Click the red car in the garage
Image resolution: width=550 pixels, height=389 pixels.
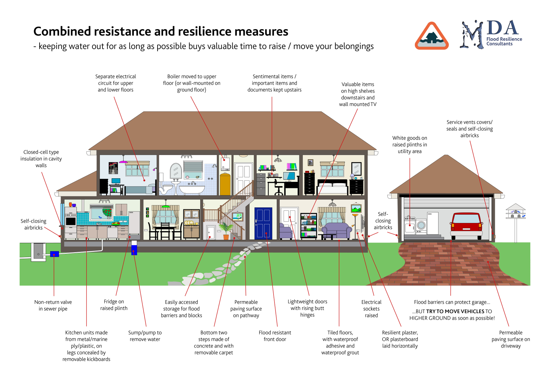[x=466, y=225]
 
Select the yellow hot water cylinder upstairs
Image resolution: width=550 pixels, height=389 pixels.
[x=225, y=184]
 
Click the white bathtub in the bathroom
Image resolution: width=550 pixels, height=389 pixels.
[x=192, y=189]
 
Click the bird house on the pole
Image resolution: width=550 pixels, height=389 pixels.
[x=515, y=211]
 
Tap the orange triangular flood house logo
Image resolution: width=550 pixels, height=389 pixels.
[x=431, y=36]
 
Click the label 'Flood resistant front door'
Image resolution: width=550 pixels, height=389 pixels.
[x=275, y=336]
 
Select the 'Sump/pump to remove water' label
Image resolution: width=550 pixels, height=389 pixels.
[x=145, y=336]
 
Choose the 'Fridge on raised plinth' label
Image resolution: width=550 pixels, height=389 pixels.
[x=114, y=305]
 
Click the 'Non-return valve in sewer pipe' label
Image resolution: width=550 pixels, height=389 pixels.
[x=53, y=305]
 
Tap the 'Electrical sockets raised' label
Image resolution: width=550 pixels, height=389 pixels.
[x=371, y=309]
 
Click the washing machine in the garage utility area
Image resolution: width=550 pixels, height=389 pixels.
[x=421, y=225]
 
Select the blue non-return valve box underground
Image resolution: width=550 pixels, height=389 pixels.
[x=54, y=254]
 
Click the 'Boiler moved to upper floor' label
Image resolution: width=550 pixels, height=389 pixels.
[x=192, y=83]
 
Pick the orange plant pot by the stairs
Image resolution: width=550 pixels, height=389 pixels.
[x=226, y=237]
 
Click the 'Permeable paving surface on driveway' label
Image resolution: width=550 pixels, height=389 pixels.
[x=510, y=339]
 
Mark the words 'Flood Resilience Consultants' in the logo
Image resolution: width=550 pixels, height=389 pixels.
[x=504, y=41]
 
